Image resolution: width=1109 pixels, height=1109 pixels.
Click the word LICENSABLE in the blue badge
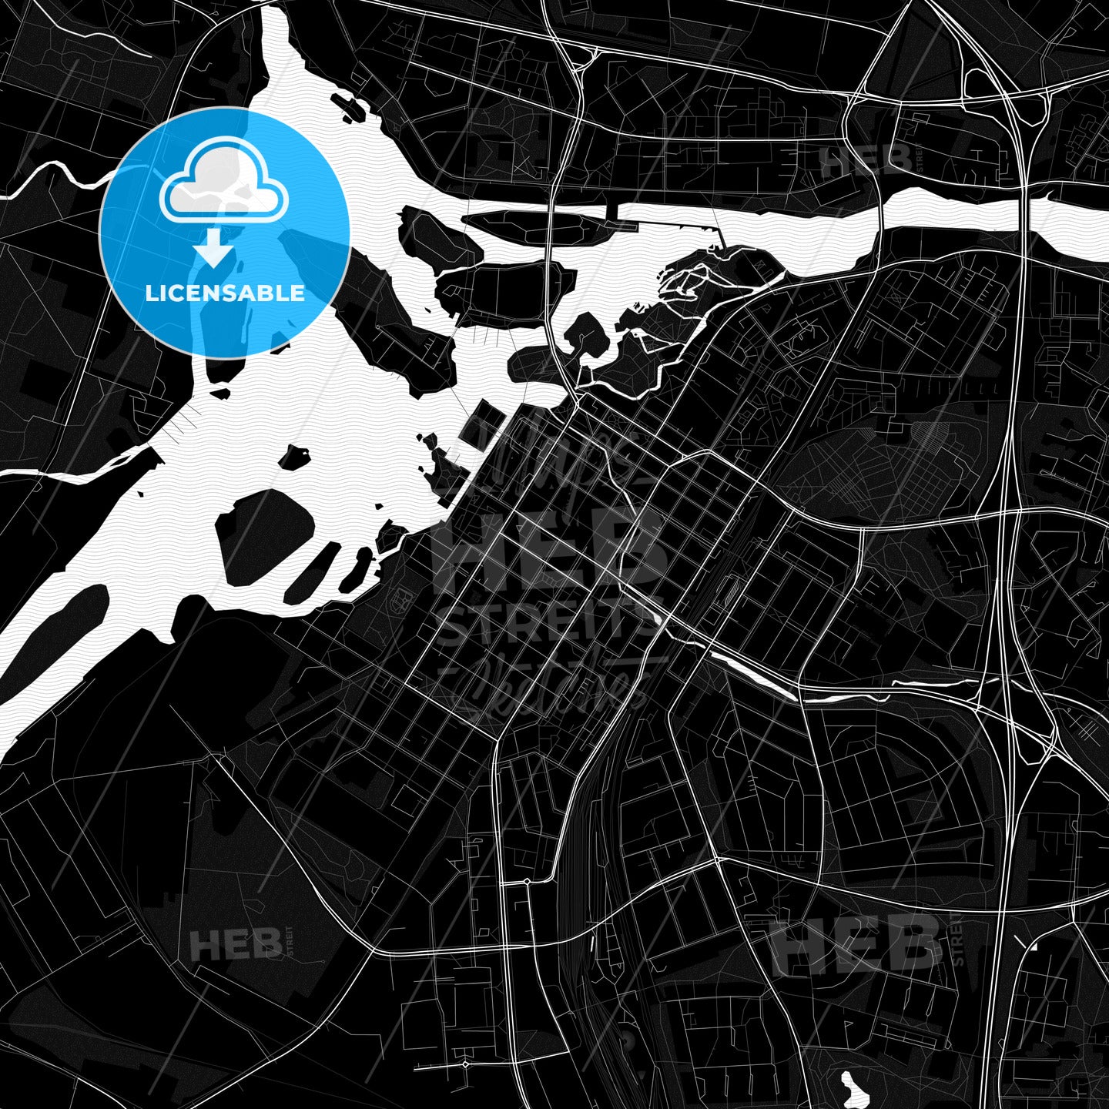tap(225, 293)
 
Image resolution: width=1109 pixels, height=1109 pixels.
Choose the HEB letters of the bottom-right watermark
tap(859, 944)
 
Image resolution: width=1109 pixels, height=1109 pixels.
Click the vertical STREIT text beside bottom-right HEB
tap(957, 940)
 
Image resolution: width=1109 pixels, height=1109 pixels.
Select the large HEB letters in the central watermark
tap(548, 550)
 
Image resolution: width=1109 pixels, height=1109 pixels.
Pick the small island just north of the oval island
tap(293, 457)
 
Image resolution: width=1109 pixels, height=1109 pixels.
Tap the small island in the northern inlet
tap(349, 106)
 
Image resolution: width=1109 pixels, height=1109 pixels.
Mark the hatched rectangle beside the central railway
tap(729, 592)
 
